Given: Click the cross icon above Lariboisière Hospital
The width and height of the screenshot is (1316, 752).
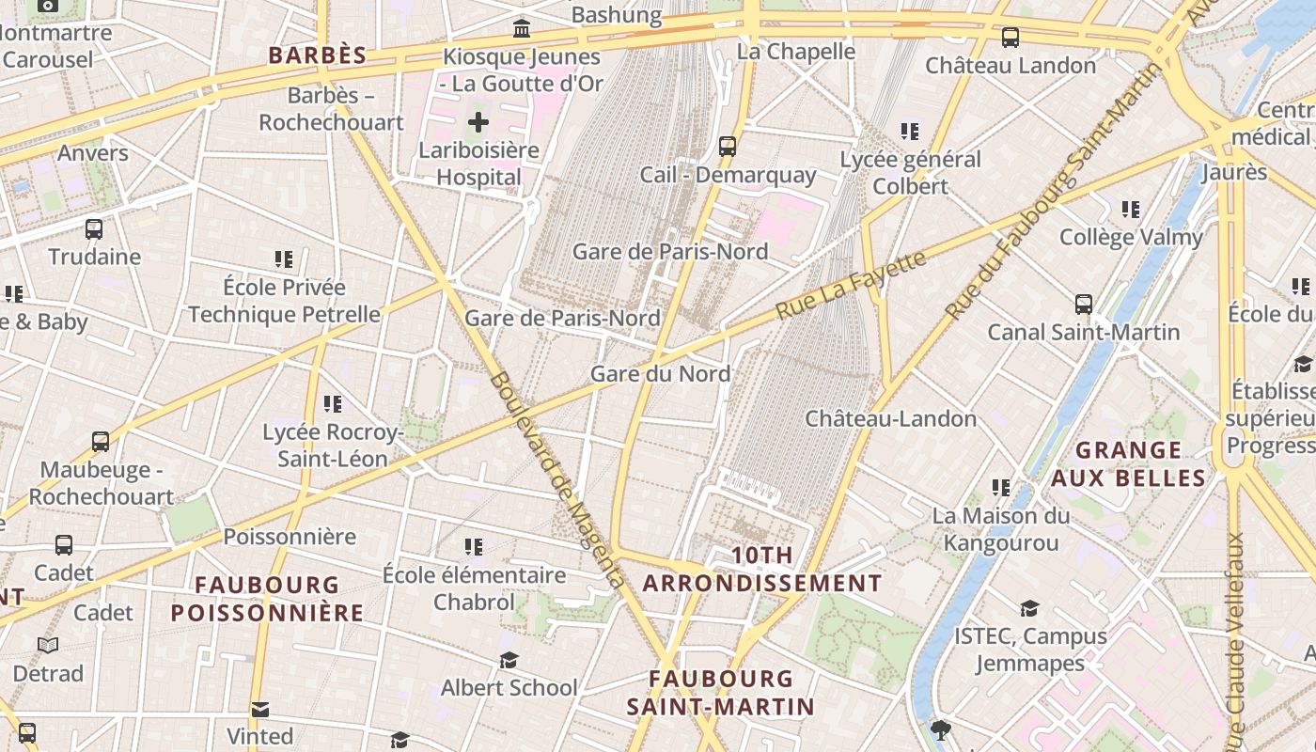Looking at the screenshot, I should coord(478,121).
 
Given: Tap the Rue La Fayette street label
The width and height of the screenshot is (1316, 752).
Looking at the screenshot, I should coord(851,285).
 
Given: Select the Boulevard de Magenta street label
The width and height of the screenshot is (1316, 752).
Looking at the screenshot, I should coord(556,479).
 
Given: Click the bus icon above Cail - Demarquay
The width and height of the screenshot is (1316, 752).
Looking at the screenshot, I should coord(727,147).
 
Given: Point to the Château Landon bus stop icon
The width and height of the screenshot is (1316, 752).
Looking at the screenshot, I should coord(1010,38).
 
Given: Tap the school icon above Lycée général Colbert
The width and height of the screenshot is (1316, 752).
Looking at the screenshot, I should coord(909,131).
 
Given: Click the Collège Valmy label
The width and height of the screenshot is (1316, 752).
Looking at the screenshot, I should coord(1131,237).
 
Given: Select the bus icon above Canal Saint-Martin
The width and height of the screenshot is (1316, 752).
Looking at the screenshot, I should coord(1084,304).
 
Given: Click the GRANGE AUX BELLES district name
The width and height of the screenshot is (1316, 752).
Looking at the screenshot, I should coord(1128,463).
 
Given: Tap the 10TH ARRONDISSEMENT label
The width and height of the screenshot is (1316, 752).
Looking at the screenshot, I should coord(762,569).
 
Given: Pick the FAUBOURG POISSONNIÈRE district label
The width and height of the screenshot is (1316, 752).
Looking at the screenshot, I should coord(267,599).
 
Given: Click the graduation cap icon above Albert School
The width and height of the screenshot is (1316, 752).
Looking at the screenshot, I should coord(509,660).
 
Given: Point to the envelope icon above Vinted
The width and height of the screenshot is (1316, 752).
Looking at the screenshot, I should coord(260,709).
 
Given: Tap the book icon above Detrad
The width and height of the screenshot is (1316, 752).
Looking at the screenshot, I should coord(48,646).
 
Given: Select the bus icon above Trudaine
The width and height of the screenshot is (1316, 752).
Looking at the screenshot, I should coord(94,228).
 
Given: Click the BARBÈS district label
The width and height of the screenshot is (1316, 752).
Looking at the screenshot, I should coord(317,55).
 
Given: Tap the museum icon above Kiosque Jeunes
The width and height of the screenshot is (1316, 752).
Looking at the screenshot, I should coord(522,28).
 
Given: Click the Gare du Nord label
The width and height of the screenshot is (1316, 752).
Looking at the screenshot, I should coord(660,373).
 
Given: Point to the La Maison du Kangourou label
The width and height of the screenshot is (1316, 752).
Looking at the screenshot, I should coord(1001,528).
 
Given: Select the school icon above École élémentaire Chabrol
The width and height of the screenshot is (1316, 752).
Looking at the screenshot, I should coord(474,546).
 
